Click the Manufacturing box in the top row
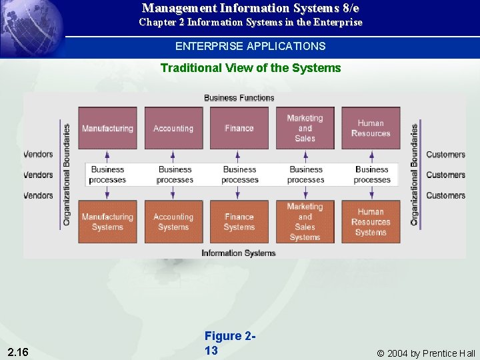click(107, 128)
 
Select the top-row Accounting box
click(173, 128)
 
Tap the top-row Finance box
click(239, 128)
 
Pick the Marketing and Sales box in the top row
click(305, 128)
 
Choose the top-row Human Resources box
click(371, 128)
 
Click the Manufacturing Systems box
click(107, 222)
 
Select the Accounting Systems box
click(173, 222)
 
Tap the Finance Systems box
click(239, 222)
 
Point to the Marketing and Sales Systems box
click(305, 222)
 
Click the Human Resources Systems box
click(371, 222)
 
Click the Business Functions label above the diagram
click(239, 98)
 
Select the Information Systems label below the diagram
click(239, 253)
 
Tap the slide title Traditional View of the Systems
click(251, 68)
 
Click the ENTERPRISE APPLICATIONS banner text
click(251, 46)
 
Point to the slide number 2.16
click(18, 351)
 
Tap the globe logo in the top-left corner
click(33, 27)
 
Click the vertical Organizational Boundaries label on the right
click(415, 175)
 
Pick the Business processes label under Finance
click(239, 175)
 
